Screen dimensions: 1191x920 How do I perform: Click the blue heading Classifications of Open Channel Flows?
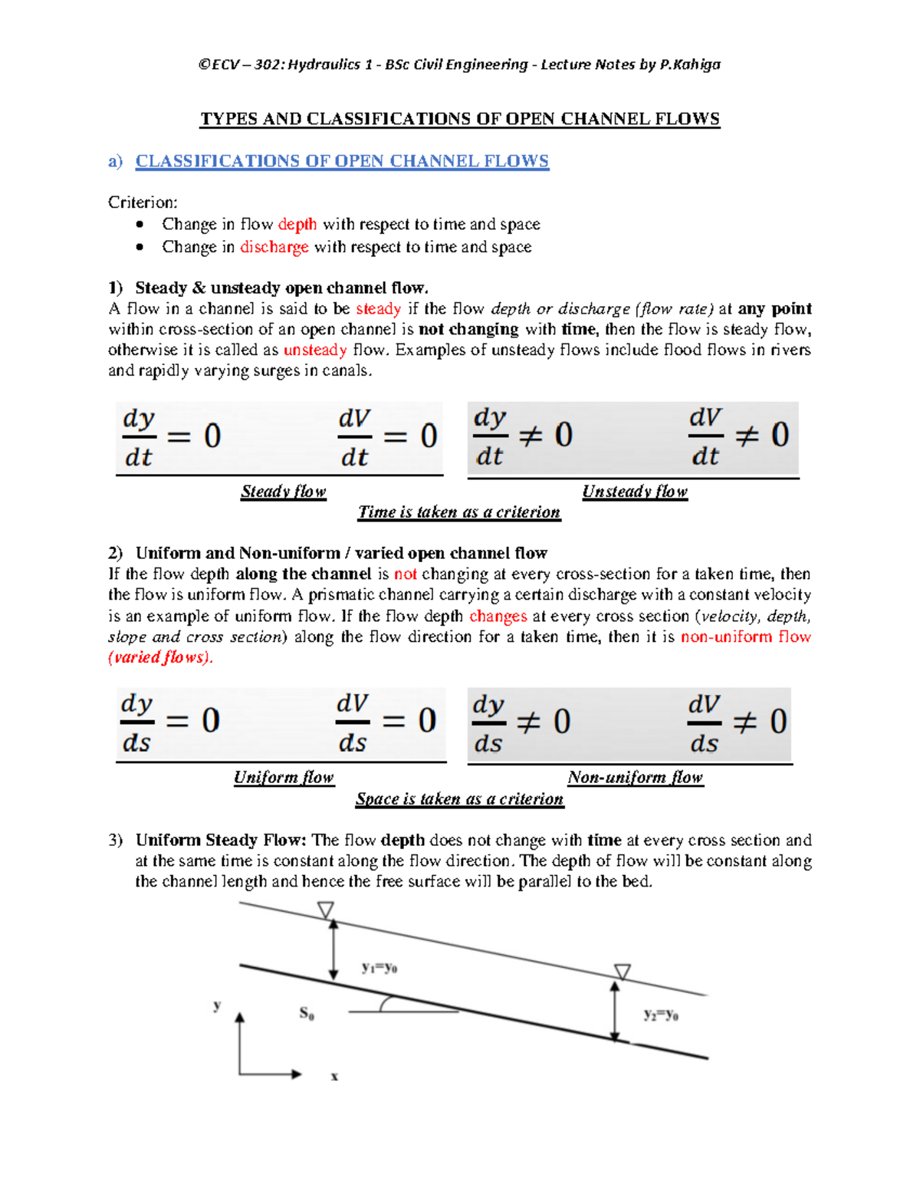pos(342,161)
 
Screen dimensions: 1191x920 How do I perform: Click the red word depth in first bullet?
pos(297,224)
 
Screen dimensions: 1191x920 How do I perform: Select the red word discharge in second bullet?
pos(274,247)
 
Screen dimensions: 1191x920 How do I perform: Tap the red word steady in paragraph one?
pos(379,308)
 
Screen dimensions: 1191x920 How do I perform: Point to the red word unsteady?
pos(315,350)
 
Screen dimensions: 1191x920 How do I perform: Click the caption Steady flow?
pos(284,491)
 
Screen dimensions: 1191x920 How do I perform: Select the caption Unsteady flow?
pos(635,491)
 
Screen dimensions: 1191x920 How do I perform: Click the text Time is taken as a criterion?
pos(459,512)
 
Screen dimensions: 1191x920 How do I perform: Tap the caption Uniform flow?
pos(284,777)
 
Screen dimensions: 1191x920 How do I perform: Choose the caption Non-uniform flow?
pos(635,777)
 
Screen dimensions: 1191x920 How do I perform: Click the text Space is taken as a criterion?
pos(459,798)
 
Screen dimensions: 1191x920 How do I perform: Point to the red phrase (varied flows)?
pos(160,657)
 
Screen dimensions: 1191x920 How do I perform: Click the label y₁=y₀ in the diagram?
pos(379,968)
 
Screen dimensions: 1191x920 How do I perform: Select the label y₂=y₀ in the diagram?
pos(661,1015)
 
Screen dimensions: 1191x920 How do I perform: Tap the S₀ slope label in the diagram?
pos(307,1014)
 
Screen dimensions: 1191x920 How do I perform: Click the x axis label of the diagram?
pos(334,1077)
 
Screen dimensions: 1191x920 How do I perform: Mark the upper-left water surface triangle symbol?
pos(326,910)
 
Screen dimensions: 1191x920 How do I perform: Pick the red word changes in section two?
pos(498,616)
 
